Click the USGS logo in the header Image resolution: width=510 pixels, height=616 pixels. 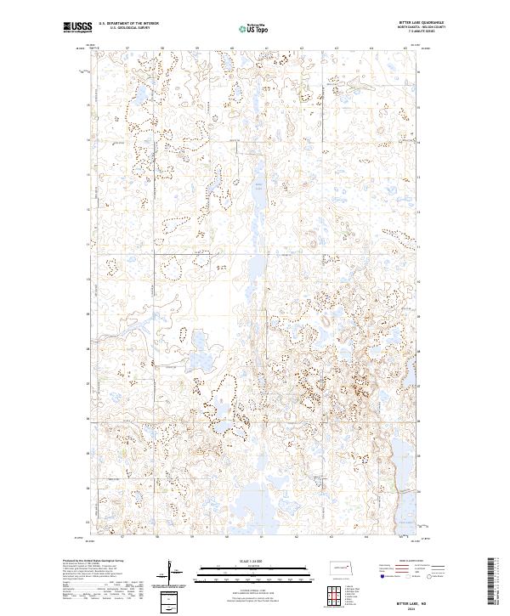pos(77,27)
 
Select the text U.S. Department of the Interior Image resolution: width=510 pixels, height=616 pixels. pos(128,23)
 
